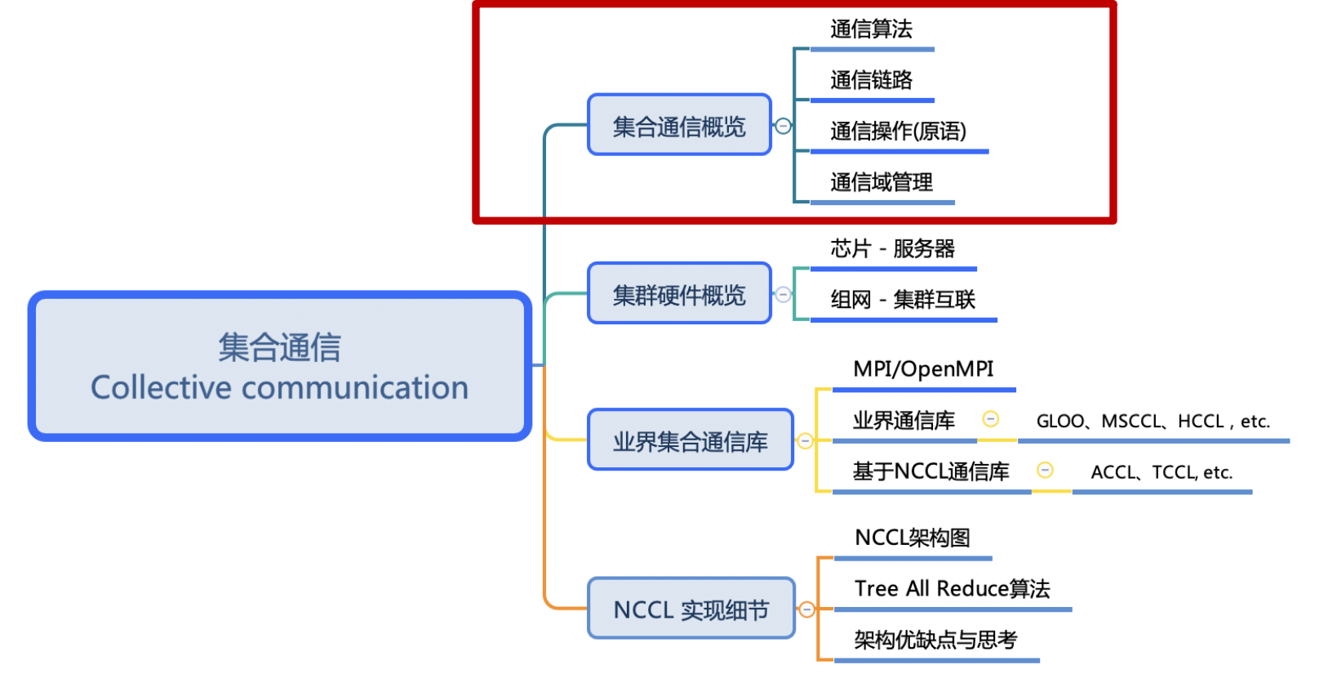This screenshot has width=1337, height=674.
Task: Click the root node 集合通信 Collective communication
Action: [279, 366]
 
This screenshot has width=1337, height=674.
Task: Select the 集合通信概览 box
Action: [679, 126]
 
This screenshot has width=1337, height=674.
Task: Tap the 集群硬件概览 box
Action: [679, 294]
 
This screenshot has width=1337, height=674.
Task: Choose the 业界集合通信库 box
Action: [690, 441]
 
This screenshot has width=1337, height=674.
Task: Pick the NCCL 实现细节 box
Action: [691, 609]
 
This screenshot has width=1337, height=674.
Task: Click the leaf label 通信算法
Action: [871, 29]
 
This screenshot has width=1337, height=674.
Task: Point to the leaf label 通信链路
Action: [871, 80]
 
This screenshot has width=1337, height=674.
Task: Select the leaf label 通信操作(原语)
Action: [898, 131]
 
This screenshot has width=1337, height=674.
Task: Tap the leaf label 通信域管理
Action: [882, 181]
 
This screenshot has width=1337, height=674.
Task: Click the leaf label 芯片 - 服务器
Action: [892, 248]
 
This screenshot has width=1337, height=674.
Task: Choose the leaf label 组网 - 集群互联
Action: [903, 300]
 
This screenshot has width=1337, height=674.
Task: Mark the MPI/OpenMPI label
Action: [923, 369]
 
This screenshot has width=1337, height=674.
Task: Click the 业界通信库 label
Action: [904, 421]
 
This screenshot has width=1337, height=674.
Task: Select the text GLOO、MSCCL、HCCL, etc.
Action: [1153, 422]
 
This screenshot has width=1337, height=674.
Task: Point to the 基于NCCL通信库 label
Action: [931, 471]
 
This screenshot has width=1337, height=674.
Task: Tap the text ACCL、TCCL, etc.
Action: [1162, 472]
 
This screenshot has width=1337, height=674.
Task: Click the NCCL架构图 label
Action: [913, 538]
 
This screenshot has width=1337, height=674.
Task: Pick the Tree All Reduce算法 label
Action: [952, 589]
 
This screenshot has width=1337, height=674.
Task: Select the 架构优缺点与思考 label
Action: [935, 640]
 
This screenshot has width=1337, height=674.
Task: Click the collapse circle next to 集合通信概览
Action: [783, 126]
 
